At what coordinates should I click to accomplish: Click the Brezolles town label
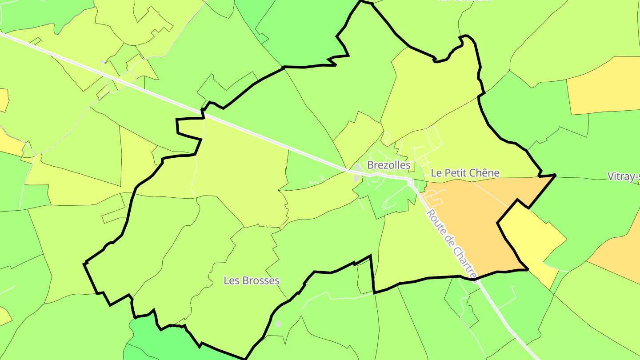tap(389, 165)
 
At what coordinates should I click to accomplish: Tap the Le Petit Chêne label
tap(465, 173)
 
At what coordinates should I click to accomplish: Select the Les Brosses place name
tap(252, 281)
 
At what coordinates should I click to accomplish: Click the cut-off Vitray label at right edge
tap(624, 176)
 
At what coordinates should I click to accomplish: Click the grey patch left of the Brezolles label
tap(357, 177)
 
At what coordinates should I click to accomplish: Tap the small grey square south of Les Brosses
tap(279, 324)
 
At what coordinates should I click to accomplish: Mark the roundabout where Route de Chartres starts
tap(411, 182)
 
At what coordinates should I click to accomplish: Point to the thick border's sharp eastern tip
tap(555, 176)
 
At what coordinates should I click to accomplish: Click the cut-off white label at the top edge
tap(464, 1)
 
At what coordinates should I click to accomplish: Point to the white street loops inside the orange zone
tap(433, 196)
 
